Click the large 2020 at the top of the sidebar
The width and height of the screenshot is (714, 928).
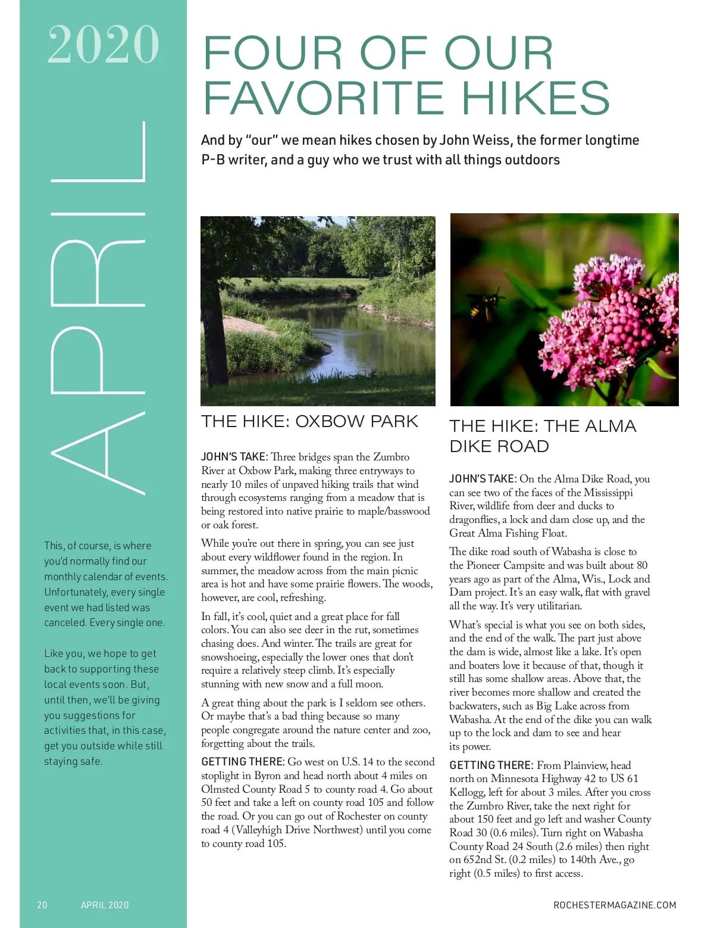(x=103, y=45)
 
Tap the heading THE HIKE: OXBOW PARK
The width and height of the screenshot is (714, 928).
(x=309, y=422)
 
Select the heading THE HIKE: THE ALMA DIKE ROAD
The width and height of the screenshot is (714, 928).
(x=542, y=436)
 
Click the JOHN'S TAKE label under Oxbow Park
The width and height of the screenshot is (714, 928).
(x=234, y=457)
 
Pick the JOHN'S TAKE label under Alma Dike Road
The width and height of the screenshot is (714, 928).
(x=482, y=479)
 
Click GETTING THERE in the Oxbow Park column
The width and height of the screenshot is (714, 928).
(x=242, y=762)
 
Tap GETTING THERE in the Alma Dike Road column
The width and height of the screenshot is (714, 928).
(x=490, y=765)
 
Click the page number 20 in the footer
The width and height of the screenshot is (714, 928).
(x=42, y=905)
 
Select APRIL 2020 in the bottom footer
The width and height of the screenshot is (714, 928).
(x=105, y=905)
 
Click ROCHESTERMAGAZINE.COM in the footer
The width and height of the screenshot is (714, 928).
(x=615, y=905)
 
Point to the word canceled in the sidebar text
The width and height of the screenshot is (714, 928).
(x=65, y=623)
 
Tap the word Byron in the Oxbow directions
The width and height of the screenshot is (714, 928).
(x=267, y=776)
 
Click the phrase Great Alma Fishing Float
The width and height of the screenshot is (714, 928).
(x=508, y=533)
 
